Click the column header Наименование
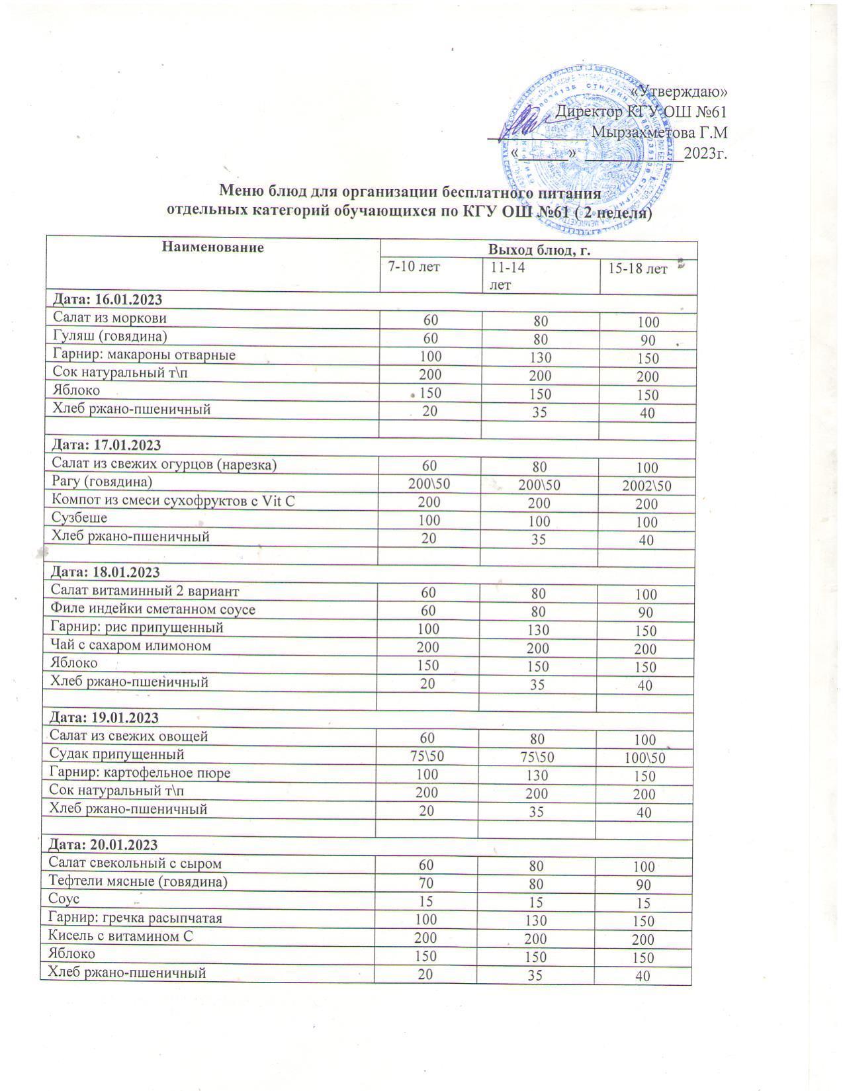pos(212,247)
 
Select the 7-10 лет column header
pos(414,267)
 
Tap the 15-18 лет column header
pos(638,269)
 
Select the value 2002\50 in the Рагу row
pos(646,486)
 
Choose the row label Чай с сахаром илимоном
pos(130,645)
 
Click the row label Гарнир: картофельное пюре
pos(140,772)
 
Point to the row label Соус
pos(64,899)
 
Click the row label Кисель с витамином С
pos(121,936)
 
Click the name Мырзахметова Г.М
pos(659,132)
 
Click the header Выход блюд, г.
pos(539,250)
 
